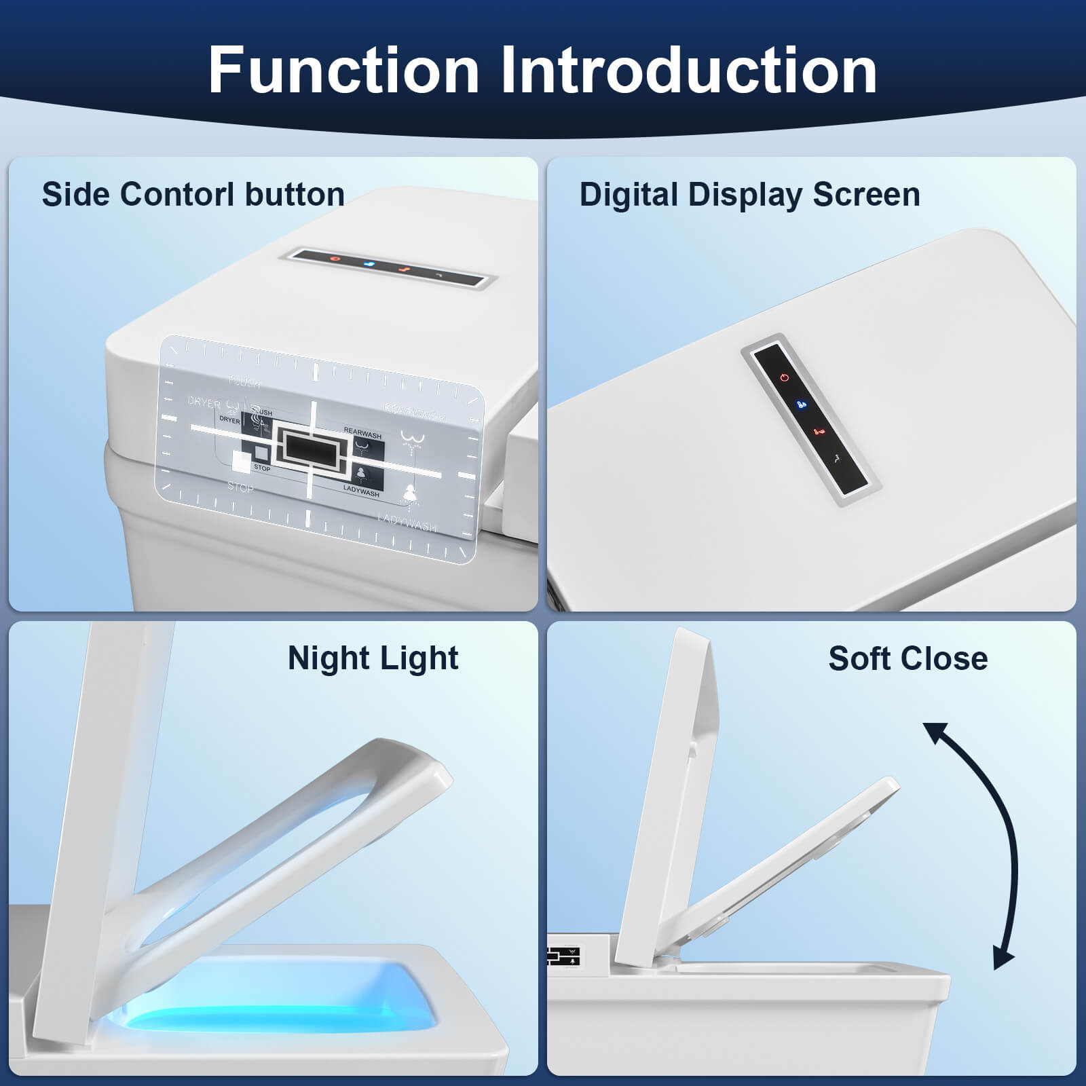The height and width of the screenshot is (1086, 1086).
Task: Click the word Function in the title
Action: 343,70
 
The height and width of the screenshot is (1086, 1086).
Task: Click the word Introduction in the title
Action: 689,70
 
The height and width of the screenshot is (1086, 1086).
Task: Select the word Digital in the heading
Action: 628,195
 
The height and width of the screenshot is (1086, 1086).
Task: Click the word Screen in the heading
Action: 866,195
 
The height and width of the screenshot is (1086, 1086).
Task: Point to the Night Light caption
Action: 373,658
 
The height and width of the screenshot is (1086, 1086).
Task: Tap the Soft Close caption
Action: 907,658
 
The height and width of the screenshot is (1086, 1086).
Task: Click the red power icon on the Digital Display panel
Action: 785,377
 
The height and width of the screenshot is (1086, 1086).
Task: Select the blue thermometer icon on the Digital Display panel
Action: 802,405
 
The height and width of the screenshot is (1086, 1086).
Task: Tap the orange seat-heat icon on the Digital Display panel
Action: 819,431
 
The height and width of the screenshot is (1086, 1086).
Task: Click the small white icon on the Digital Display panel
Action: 838,458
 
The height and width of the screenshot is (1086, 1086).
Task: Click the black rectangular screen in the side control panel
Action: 309,449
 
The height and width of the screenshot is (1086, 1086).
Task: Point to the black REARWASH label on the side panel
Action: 362,432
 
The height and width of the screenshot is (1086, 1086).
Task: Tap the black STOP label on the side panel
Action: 262,468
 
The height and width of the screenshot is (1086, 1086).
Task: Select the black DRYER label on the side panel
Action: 229,420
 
